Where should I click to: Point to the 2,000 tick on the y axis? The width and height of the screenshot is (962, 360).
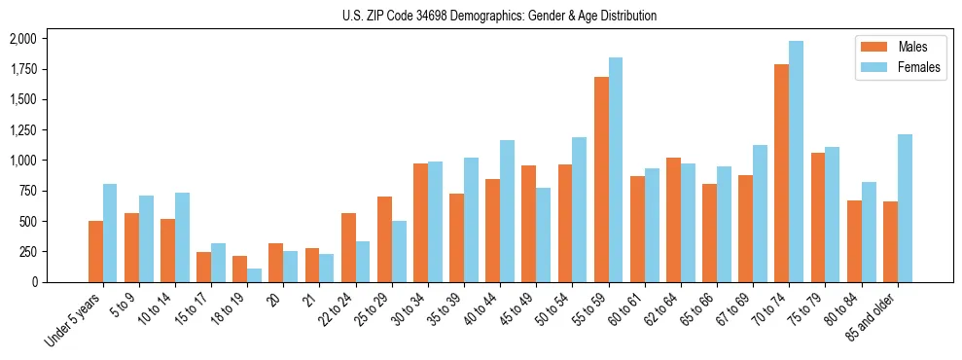click(x=22, y=39)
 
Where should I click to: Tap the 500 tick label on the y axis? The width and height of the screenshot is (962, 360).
click(x=26, y=221)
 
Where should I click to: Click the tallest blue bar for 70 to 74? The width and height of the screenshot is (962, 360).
click(x=797, y=162)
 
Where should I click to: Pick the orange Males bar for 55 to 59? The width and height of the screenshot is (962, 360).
click(x=601, y=180)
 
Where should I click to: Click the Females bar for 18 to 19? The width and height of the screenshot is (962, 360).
click(x=255, y=275)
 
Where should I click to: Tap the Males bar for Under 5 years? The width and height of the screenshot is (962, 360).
click(x=95, y=251)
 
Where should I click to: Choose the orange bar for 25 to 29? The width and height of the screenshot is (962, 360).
click(x=384, y=239)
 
